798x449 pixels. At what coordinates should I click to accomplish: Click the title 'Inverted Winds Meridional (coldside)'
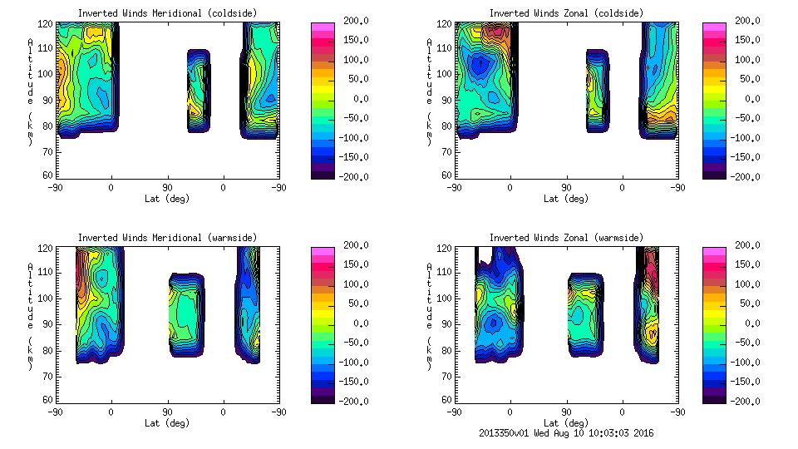point(167,13)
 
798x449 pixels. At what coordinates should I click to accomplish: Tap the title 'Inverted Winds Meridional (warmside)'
point(167,238)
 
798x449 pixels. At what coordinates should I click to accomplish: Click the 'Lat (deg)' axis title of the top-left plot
point(167,199)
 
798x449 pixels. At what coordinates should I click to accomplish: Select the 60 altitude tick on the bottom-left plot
point(49,400)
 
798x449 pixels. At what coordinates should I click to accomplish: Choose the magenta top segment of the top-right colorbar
point(714,27)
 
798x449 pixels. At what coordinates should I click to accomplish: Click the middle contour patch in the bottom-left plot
point(185,314)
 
